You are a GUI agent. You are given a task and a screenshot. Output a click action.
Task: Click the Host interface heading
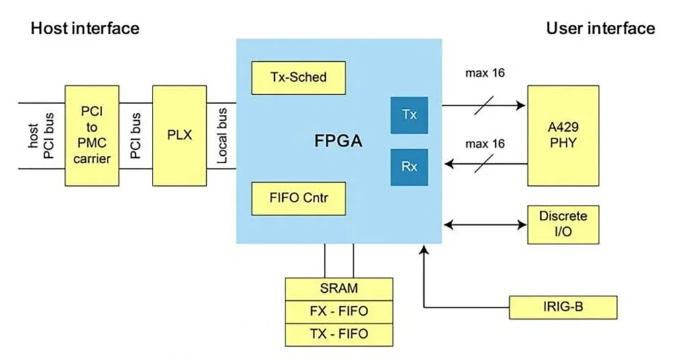pyautogui.click(x=85, y=28)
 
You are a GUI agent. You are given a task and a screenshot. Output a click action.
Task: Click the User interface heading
pyautogui.click(x=600, y=28)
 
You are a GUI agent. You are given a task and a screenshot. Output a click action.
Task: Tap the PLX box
pyautogui.click(x=179, y=136)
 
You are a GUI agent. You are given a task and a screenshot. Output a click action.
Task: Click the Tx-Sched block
pyautogui.click(x=298, y=77)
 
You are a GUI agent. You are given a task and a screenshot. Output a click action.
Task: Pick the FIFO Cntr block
pyautogui.click(x=298, y=198)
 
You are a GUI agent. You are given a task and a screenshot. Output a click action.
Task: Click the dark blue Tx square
pyautogui.click(x=409, y=114)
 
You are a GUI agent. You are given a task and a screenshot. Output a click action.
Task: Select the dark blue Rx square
pyautogui.click(x=409, y=167)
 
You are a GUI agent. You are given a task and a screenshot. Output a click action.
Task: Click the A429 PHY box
pyautogui.click(x=562, y=136)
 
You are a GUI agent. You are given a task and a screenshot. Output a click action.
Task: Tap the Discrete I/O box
pyautogui.click(x=562, y=224)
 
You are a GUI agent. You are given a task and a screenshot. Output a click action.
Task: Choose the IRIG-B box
pyautogui.click(x=562, y=307)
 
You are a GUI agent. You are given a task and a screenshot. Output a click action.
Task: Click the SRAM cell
pyautogui.click(x=339, y=289)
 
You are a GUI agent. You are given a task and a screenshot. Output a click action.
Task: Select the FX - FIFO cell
pyautogui.click(x=339, y=312)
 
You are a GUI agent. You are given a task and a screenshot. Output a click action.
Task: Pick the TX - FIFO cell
pyautogui.click(x=339, y=334)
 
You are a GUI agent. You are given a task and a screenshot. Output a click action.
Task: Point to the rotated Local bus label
pyautogui.click(x=222, y=136)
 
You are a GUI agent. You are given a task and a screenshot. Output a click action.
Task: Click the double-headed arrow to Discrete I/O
pyautogui.click(x=484, y=224)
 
